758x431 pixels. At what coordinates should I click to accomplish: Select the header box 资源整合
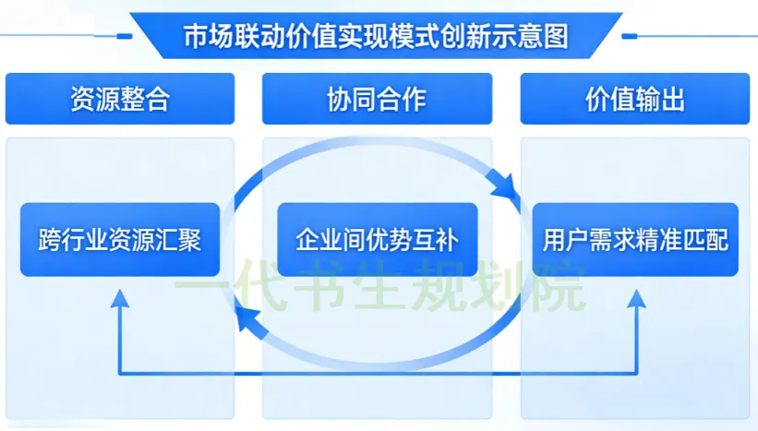pos(120,99)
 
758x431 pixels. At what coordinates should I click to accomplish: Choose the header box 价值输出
pos(635,99)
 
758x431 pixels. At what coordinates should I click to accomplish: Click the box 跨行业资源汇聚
pos(120,240)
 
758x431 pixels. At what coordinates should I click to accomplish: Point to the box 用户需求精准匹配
pos(635,240)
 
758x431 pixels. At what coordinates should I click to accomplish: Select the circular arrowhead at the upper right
pos(505,191)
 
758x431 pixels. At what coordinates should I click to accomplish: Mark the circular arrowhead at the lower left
pos(246,319)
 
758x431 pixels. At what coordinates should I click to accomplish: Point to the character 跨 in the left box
pos(49,240)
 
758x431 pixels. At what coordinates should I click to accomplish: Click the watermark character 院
pos(559,289)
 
